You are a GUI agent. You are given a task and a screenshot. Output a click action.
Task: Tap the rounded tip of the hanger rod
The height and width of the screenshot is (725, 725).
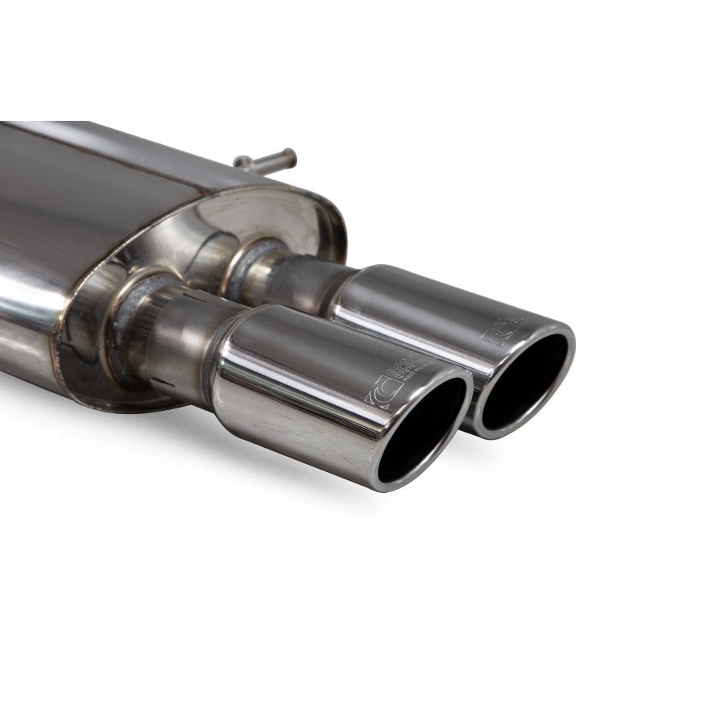pyautogui.click(x=291, y=154)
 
